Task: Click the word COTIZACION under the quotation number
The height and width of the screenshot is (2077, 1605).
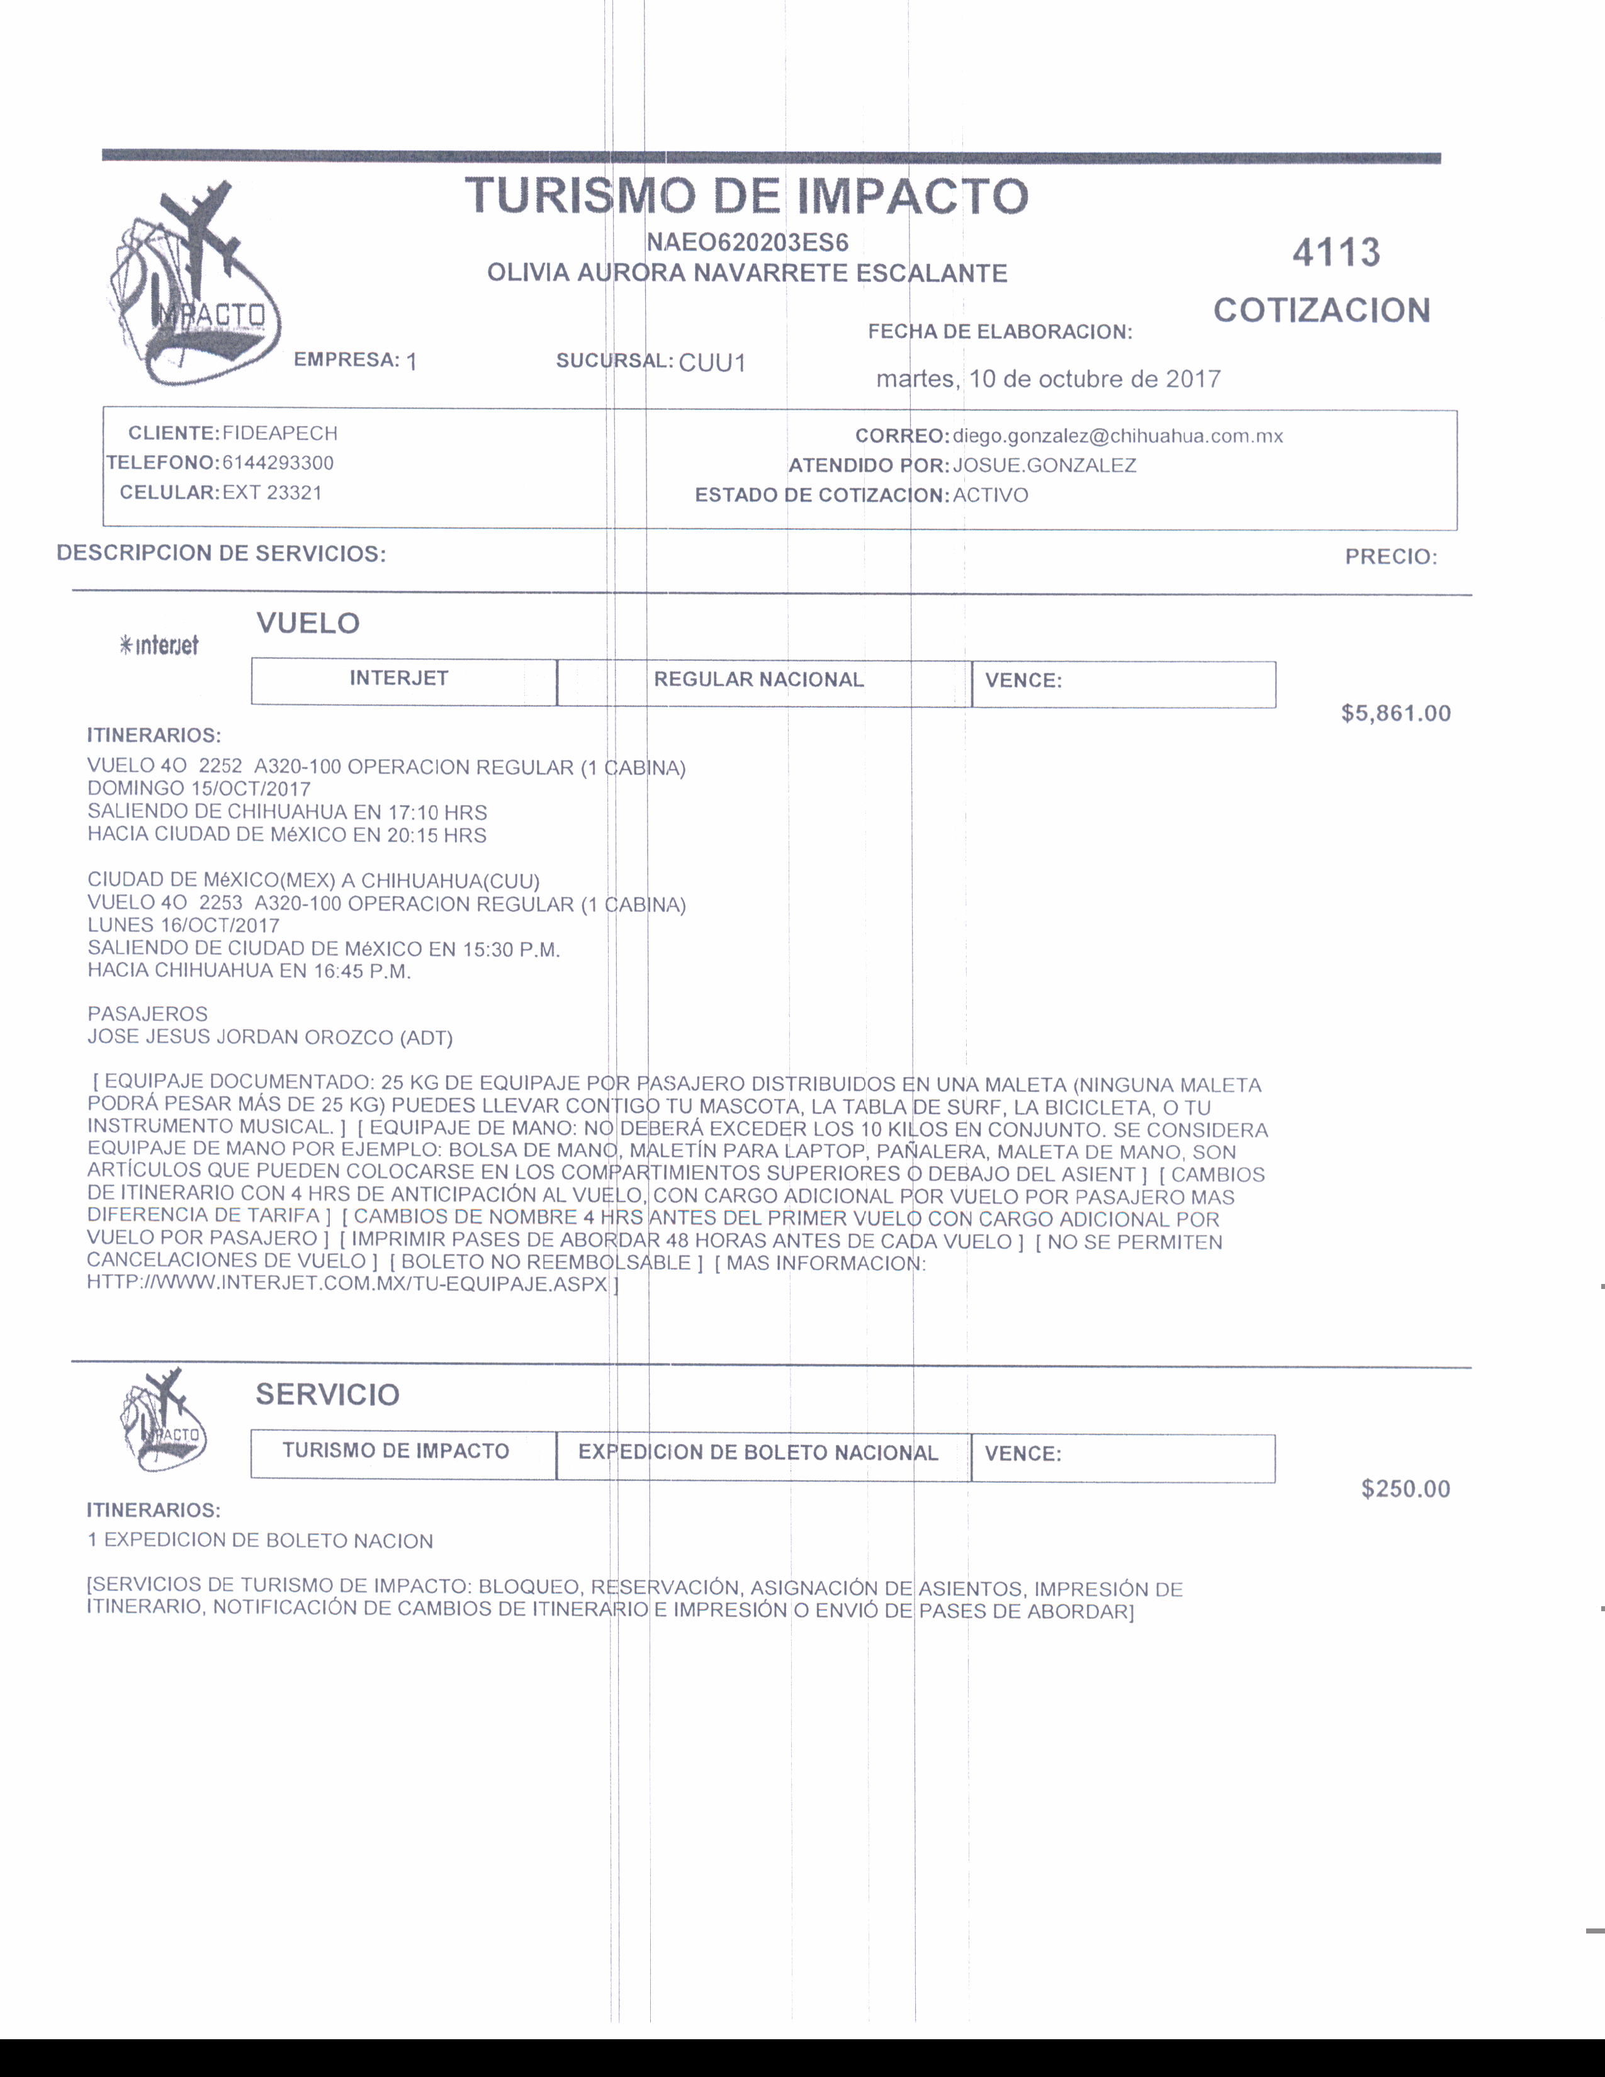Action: coord(1322,311)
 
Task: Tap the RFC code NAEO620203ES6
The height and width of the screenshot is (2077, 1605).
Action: coord(747,242)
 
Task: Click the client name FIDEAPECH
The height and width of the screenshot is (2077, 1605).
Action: coord(279,434)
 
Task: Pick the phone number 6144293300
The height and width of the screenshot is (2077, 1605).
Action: coord(278,463)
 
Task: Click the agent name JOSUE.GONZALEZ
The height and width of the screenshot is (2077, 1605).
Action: coord(1044,466)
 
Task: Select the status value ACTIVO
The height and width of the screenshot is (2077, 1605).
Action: coord(990,495)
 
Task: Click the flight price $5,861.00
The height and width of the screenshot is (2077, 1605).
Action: coord(1395,713)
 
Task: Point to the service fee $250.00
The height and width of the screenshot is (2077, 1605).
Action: coord(1405,1489)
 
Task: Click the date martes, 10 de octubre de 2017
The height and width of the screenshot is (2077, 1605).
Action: coord(1048,380)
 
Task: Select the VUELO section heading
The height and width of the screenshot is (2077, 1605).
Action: coord(308,624)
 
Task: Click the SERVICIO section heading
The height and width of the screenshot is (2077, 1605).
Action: coord(327,1395)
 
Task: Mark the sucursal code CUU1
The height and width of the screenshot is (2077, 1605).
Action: coord(712,363)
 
